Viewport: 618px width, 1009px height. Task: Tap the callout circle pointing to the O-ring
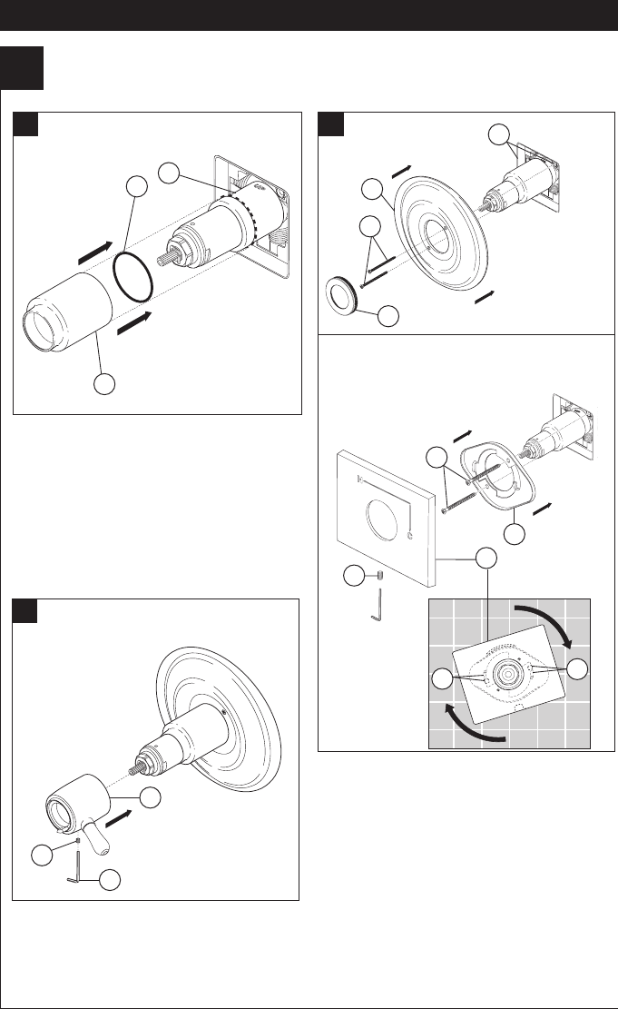click(137, 188)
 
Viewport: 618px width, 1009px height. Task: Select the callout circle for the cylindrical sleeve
click(106, 383)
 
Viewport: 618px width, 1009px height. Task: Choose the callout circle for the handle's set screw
click(41, 855)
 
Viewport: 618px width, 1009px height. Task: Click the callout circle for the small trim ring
click(388, 316)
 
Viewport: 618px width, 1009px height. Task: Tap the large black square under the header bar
click(22, 68)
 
